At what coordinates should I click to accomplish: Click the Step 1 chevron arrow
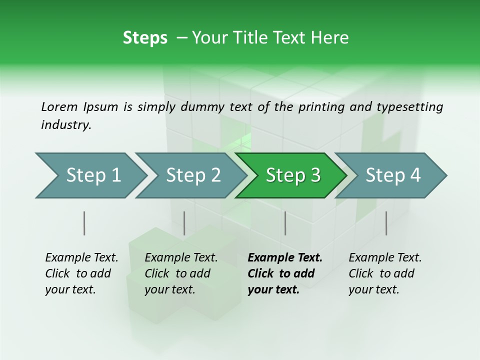92,175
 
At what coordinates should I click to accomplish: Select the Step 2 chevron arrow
192,175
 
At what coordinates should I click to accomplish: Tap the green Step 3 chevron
292,175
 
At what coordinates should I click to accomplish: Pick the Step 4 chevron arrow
392,175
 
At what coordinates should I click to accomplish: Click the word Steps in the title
145,38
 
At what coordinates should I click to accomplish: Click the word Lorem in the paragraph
59,107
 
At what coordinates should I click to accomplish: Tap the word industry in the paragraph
65,125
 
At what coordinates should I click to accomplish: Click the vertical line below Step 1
84,223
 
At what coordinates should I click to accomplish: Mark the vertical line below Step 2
184,223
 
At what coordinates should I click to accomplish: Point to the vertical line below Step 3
285,223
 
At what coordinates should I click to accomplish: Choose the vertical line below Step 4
386,223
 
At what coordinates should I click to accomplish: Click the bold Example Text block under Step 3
284,273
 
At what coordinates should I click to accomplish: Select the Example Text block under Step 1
81,273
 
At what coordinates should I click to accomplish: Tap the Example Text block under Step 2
180,273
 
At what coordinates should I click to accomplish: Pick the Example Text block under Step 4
384,273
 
